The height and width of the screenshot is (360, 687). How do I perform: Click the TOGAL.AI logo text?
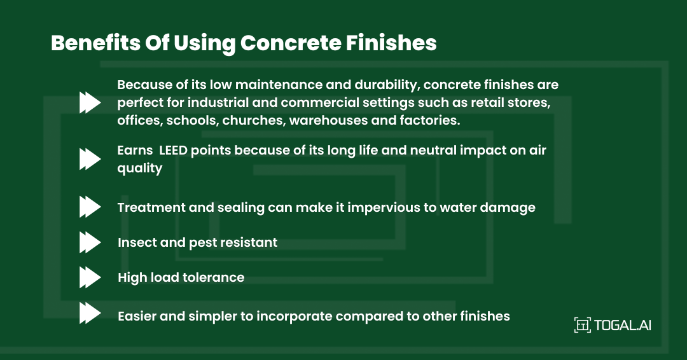point(623,325)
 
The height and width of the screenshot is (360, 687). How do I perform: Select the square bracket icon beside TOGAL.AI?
point(582,325)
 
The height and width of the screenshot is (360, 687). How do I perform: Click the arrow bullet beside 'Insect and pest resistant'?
point(90,242)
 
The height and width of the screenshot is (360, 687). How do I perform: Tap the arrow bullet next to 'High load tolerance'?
point(90,277)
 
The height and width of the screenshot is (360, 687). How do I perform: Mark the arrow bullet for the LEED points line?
point(90,159)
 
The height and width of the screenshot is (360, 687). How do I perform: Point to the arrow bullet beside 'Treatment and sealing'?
point(90,207)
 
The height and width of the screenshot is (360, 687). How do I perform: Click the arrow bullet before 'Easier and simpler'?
point(90,314)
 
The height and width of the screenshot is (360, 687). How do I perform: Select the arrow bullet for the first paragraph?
point(90,102)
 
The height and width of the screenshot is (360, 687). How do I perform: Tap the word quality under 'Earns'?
point(140,169)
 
